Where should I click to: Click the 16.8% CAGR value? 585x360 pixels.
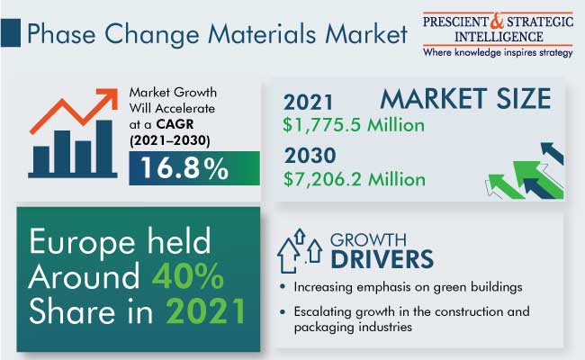coord(184,168)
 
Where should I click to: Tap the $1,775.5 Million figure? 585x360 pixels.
coord(354,125)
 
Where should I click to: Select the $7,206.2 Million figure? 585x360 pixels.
coord(354,179)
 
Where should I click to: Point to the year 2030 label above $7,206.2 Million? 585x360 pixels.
coord(310,155)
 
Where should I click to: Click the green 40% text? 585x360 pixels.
coord(188,276)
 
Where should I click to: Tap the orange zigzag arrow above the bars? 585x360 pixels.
coord(74,110)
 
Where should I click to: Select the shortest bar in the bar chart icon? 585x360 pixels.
coord(41,159)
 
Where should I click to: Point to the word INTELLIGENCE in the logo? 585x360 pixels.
coord(499,37)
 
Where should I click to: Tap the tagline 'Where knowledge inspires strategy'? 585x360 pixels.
coord(498,52)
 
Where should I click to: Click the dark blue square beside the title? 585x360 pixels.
coord(11,33)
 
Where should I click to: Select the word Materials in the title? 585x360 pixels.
coord(262,34)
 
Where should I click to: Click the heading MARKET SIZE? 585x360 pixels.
coord(465,98)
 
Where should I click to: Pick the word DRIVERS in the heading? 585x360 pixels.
coord(382,259)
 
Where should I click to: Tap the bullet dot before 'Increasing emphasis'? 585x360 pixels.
coord(283,287)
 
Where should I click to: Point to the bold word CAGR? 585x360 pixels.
coord(175,124)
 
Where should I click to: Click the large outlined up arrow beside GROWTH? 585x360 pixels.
coord(286,256)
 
